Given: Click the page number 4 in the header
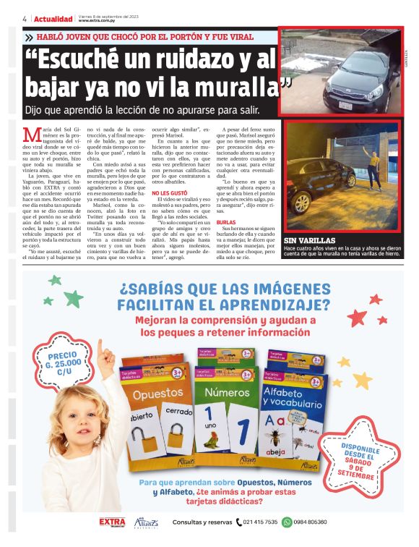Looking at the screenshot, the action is click(25, 19).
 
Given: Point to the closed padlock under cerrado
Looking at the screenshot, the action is click(174, 439).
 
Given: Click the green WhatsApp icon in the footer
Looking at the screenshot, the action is click(287, 522).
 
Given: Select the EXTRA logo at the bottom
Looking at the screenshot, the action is click(112, 522).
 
